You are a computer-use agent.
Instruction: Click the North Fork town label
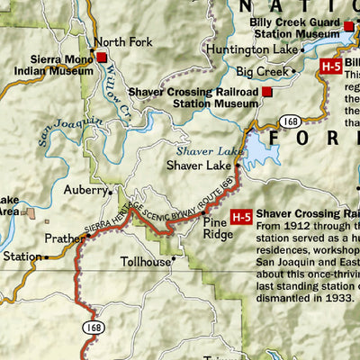pos(125,41)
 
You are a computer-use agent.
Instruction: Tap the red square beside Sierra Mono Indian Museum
pos(103,58)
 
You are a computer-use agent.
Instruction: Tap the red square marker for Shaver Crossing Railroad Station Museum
pos(267,92)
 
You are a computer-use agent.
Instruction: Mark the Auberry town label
pos(85,191)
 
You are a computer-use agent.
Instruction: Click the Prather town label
pos(66,239)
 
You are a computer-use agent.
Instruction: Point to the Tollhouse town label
pos(146,263)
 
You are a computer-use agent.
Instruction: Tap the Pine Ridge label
pos(218,228)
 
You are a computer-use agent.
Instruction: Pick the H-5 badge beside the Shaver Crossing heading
pos(240,217)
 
